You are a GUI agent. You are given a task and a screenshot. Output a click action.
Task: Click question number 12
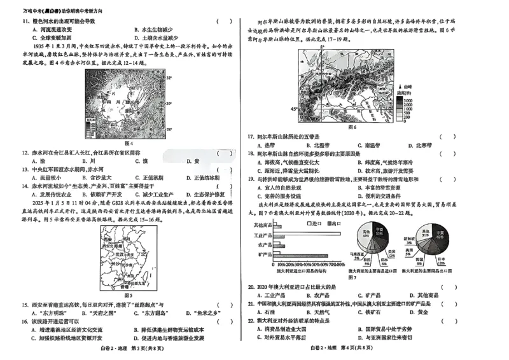pyautogui.click(x=26, y=153)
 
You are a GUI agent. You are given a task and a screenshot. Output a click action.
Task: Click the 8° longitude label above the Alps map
pyautogui.click(x=322, y=48)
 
